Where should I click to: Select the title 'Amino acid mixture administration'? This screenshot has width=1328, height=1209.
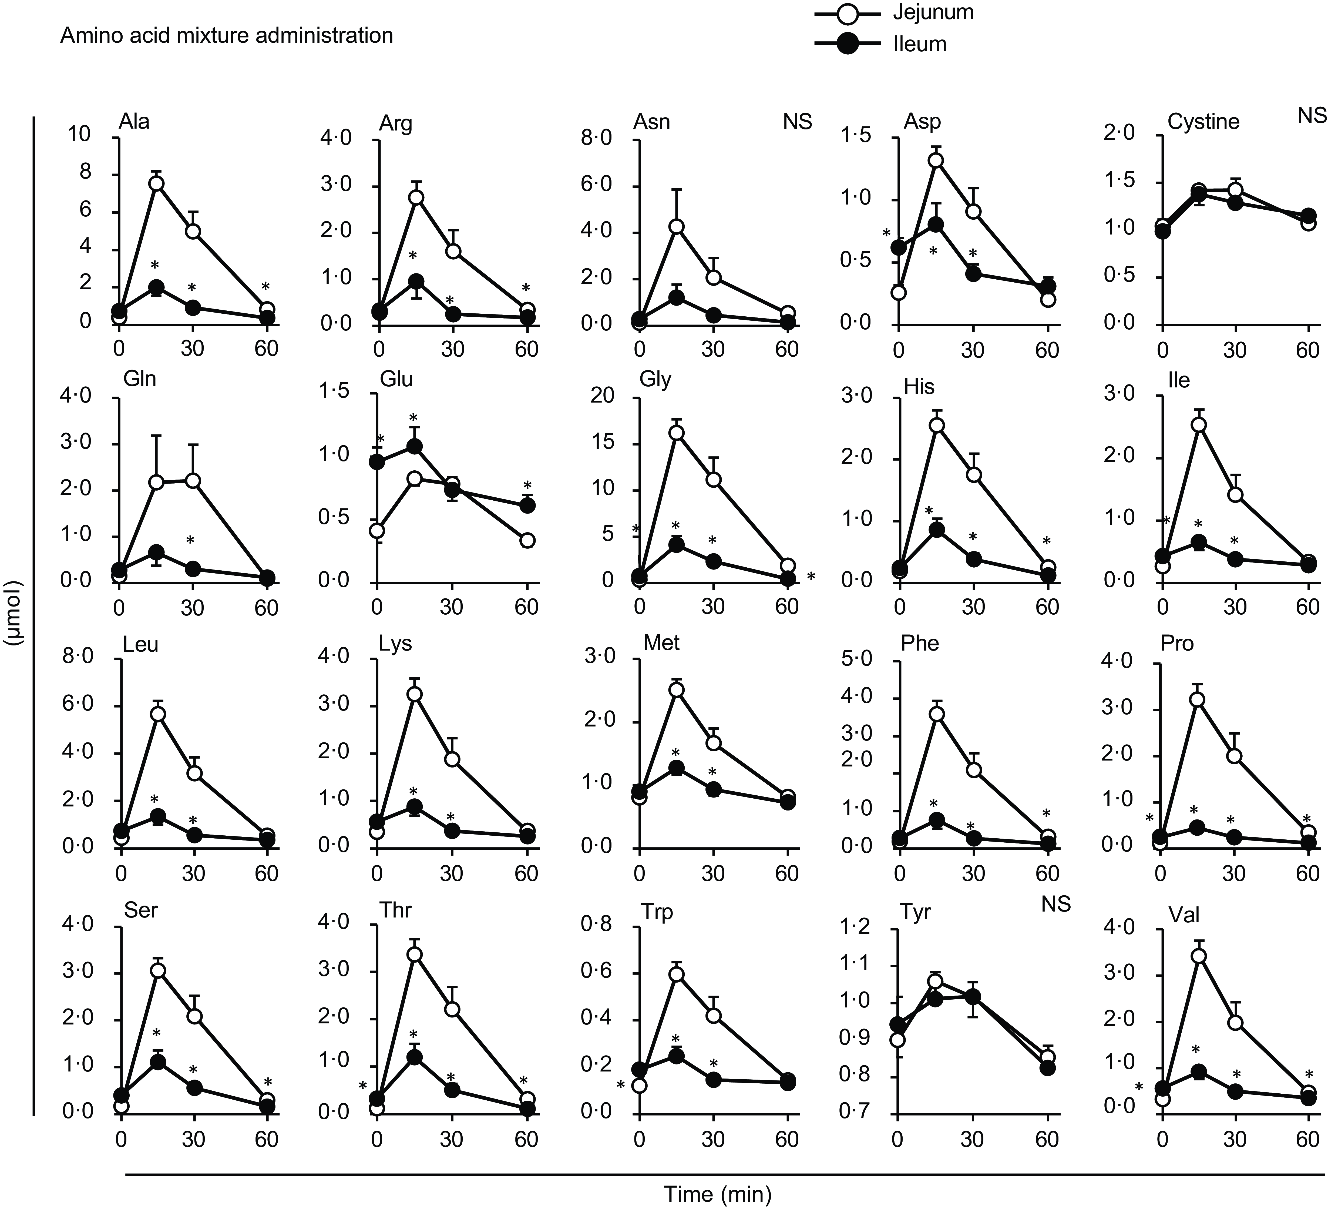[227, 35]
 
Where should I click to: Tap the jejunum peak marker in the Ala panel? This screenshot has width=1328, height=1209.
[156, 184]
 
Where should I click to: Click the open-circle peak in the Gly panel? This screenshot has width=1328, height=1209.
[677, 432]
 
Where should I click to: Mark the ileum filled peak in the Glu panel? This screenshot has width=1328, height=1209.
[414, 446]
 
